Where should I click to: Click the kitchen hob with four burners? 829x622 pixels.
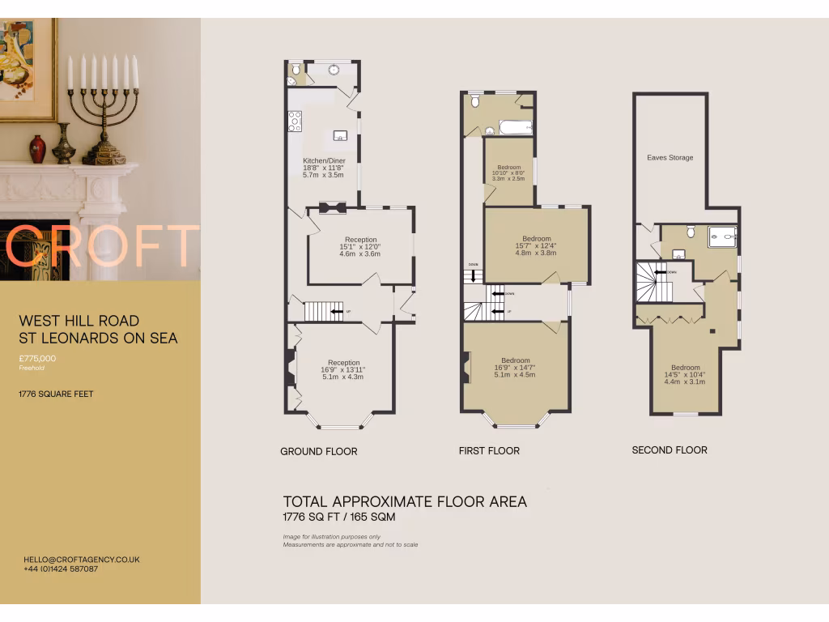(295, 121)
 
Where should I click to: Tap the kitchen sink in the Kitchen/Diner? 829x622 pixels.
(341, 135)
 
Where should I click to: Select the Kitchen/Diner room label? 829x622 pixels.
(324, 160)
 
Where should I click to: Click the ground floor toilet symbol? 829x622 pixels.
(295, 70)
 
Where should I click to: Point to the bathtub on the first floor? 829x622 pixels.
(515, 127)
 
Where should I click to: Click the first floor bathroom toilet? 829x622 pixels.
(475, 101)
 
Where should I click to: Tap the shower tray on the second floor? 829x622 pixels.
(722, 236)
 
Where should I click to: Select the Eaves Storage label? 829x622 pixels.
(670, 158)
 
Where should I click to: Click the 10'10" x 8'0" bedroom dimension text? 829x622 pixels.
(508, 173)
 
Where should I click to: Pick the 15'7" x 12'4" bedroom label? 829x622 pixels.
(536, 245)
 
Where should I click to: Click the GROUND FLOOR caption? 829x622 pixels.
(318, 451)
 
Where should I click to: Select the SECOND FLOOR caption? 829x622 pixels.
(670, 450)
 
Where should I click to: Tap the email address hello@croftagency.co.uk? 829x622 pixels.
(82, 560)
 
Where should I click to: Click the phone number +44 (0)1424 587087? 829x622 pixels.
(61, 569)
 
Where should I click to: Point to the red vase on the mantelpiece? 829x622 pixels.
(38, 149)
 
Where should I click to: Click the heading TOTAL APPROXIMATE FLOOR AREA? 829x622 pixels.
(405, 502)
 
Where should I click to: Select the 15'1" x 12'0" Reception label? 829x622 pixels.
(360, 246)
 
